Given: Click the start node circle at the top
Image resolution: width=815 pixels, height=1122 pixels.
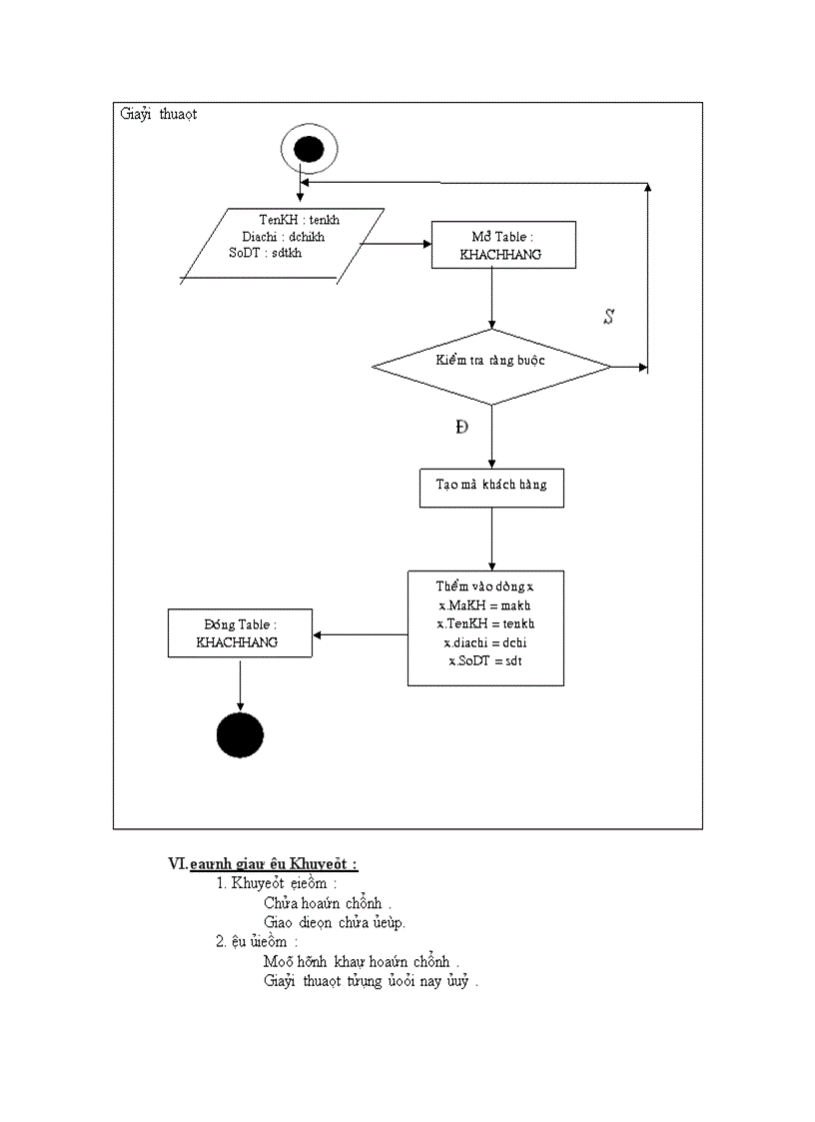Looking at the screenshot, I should pyautogui.click(x=309, y=150).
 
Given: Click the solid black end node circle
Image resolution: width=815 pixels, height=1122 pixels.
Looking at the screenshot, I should pyautogui.click(x=240, y=736).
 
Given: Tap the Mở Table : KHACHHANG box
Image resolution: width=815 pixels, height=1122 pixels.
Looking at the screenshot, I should pyautogui.click(x=502, y=245).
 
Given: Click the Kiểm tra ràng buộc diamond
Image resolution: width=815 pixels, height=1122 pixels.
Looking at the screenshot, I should pyautogui.click(x=490, y=367).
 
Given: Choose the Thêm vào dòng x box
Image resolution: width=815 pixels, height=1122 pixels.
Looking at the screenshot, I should pyautogui.click(x=485, y=627).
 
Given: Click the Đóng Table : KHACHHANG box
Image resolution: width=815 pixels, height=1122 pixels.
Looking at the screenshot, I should pyautogui.click(x=239, y=633).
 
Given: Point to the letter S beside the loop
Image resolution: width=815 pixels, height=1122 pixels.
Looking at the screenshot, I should pyautogui.click(x=608, y=318).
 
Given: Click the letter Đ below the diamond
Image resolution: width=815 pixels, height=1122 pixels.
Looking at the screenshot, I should pyautogui.click(x=461, y=427).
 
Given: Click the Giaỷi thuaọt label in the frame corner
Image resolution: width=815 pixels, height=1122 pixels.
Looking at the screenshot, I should pyautogui.click(x=159, y=114).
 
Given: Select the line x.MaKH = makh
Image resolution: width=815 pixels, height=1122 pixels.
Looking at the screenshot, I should pyautogui.click(x=485, y=606).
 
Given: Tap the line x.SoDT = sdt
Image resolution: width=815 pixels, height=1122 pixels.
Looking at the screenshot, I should pyautogui.click(x=485, y=661).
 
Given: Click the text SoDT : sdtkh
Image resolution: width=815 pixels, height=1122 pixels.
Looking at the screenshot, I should pyautogui.click(x=265, y=253).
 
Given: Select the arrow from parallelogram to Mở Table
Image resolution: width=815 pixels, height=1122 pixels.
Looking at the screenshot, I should pyautogui.click(x=396, y=243).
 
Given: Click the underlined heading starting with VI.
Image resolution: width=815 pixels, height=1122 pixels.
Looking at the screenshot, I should pyautogui.click(x=265, y=863).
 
